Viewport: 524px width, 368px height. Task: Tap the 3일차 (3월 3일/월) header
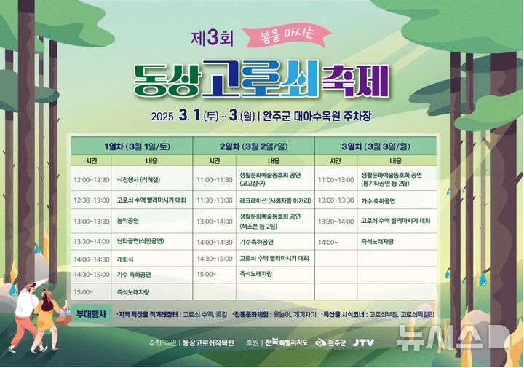(376, 146)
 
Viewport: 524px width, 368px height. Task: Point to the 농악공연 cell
(128, 220)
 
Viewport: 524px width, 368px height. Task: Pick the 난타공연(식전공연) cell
(141, 241)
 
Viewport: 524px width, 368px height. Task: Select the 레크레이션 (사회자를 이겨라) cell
(275, 200)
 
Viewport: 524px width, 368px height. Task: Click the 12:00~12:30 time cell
(92, 179)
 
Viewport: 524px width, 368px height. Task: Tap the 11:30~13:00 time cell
(215, 200)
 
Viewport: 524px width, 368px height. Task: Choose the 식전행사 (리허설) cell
(138, 179)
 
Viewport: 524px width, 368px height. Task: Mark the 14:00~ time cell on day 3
(327, 242)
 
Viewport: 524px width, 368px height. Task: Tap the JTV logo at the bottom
(363, 342)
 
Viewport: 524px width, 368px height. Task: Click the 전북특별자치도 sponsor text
(286, 342)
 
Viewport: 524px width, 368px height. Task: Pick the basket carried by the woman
(65, 314)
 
